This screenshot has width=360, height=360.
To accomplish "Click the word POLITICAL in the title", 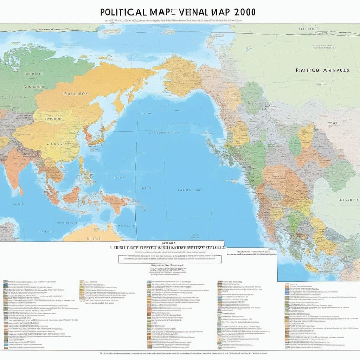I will tap(123, 12).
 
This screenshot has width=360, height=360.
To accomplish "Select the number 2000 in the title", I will tap(243, 12).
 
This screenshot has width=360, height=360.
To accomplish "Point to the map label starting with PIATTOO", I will tap(307, 70).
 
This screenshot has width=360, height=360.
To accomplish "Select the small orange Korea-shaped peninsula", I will tap(88, 134).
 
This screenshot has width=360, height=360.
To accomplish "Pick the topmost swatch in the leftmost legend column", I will tap(5, 282).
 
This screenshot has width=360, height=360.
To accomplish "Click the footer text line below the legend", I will tap(183, 353).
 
